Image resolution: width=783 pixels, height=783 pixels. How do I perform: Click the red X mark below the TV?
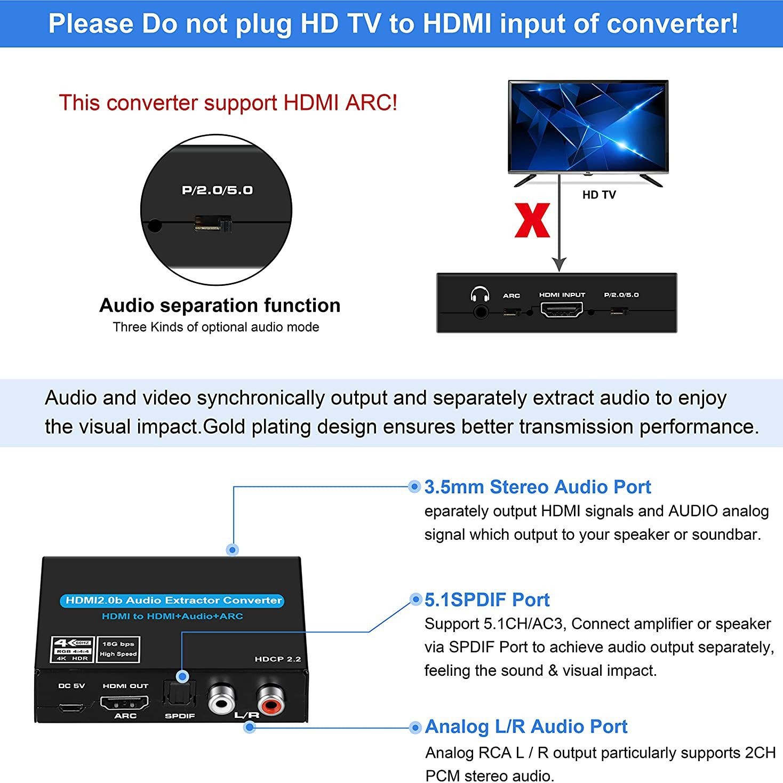pos(532,220)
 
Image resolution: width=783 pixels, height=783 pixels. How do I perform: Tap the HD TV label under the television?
pos(598,195)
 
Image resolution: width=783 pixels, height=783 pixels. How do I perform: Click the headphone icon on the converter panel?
pos(480,295)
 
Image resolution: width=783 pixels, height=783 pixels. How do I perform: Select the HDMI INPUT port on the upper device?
pos(562,309)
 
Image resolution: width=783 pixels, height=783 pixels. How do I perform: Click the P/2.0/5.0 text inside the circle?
pos(217,190)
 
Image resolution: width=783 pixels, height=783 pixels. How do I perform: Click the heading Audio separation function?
pos(220,306)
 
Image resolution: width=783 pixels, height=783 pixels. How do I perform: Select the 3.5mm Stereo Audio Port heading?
pos(538,487)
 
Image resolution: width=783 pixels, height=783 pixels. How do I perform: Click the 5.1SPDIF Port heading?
pos(487,600)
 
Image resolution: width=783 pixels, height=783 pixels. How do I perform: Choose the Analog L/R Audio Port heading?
pos(526,726)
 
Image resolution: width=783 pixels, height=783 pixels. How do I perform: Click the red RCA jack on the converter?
pos(271,700)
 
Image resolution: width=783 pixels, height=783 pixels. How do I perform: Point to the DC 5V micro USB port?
pos(71,707)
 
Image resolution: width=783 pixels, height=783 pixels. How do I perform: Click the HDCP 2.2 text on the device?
pos(277,659)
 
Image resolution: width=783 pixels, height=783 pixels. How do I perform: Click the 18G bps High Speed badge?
pos(118,649)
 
